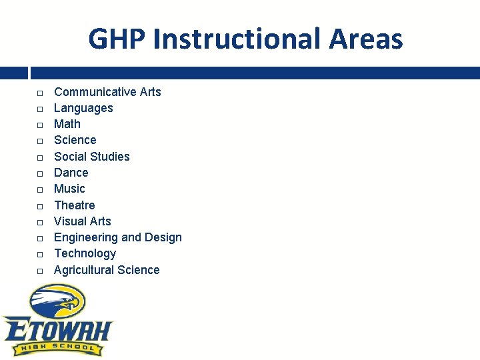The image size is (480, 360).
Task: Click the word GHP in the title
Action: tap(117, 39)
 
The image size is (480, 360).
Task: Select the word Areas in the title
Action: tap(366, 39)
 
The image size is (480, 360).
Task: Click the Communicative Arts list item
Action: tap(107, 92)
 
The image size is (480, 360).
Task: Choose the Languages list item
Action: tap(83, 108)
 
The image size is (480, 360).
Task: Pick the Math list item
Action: tap(67, 124)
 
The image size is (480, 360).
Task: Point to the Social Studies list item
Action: tap(91, 157)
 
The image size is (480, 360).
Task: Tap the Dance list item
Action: tap(71, 173)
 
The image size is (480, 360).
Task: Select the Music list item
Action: tap(69, 189)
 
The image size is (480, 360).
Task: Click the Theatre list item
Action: tap(74, 205)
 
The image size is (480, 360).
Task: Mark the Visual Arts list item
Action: tap(82, 221)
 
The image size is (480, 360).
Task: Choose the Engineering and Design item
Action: tap(117, 237)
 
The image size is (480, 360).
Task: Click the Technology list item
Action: tap(85, 253)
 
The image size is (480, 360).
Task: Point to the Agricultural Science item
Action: tap(107, 270)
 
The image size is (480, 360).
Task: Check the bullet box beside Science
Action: tap(40, 141)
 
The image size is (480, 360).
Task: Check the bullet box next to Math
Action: tap(40, 125)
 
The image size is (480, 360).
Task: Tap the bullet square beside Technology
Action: tap(40, 254)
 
